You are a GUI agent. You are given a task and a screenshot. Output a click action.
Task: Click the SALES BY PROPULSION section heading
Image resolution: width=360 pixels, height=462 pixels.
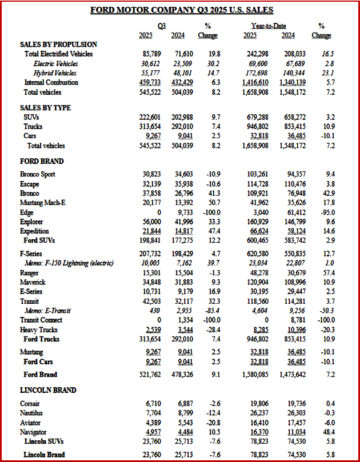click(x=58, y=44)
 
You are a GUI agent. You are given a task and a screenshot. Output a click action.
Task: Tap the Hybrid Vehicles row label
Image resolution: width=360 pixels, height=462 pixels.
click(x=55, y=73)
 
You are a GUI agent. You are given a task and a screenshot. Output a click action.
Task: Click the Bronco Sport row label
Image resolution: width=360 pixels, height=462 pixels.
click(x=38, y=174)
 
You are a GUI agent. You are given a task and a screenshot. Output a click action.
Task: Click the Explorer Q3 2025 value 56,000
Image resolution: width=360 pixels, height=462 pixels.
click(x=152, y=222)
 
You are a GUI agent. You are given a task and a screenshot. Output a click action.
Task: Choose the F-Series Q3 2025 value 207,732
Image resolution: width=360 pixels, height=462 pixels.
click(x=151, y=253)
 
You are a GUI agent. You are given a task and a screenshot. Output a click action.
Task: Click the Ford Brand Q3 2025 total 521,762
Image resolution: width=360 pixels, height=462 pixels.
click(x=151, y=375)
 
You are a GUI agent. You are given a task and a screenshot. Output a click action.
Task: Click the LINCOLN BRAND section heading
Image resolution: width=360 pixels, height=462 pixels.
click(x=47, y=390)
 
